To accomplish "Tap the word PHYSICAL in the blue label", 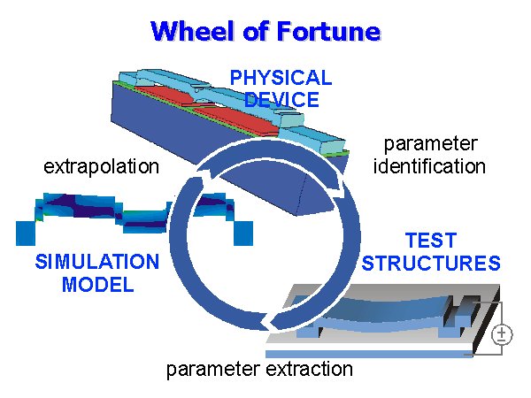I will tap(281, 78).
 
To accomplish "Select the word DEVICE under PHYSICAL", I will tap(281, 99).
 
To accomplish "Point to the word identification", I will tap(430, 165).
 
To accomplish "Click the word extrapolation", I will tap(102, 166).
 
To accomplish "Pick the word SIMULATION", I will tap(97, 263).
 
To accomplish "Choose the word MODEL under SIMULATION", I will tap(97, 285).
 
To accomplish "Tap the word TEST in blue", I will tap(431, 241).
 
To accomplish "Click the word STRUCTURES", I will tap(431, 264).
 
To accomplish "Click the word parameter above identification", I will tap(431, 143).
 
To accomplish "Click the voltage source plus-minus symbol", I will tap(502, 333).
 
